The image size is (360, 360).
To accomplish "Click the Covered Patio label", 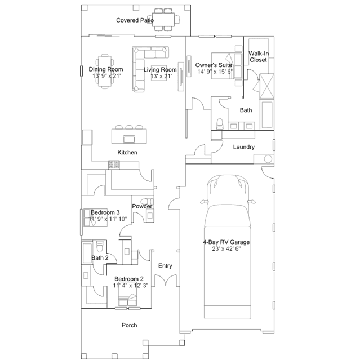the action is click(x=135, y=20).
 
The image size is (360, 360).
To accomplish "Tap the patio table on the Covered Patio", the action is click(x=165, y=20).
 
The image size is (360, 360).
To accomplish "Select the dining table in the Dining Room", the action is click(x=105, y=71).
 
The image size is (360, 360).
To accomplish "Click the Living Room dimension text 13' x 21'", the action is click(x=161, y=76).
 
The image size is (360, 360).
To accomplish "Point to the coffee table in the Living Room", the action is click(x=159, y=73).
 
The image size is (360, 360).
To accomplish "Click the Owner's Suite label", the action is click(x=214, y=65).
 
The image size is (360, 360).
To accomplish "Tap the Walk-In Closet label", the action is click(x=259, y=57).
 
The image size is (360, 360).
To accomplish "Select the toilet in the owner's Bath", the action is click(x=220, y=124).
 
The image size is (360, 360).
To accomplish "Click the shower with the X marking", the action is click(x=266, y=86).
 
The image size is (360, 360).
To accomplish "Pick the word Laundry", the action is click(x=244, y=147).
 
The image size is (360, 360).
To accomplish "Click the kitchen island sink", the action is click(x=129, y=139).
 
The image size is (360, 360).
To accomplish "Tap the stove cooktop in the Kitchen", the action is click(x=114, y=165).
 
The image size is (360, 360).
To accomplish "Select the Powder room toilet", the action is click(x=146, y=201).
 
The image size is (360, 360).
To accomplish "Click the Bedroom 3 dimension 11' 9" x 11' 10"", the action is click(x=108, y=219).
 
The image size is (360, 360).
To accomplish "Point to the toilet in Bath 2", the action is click(x=100, y=246).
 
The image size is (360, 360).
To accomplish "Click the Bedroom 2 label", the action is click(x=129, y=279).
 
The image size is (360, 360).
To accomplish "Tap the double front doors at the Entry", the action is click(x=166, y=280).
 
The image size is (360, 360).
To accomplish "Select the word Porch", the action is click(x=129, y=325).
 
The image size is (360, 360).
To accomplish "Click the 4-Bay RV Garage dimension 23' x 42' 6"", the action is click(x=226, y=248).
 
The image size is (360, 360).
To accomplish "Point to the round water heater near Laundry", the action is click(x=268, y=159).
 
